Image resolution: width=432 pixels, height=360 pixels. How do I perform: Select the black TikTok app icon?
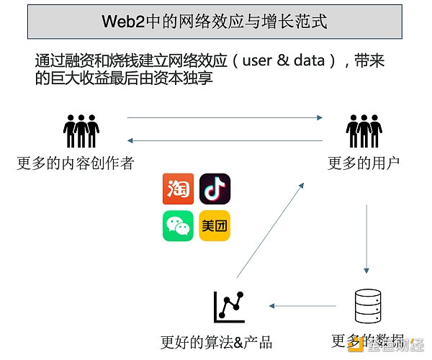[214, 188]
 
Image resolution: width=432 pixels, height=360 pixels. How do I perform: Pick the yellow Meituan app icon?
[214, 225]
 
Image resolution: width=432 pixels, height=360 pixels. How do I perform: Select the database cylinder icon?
[367, 307]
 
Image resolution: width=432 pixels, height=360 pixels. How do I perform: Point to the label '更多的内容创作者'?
[75, 163]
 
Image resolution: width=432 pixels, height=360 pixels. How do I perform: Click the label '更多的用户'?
[363, 163]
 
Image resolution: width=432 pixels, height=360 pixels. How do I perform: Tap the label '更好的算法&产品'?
[217, 341]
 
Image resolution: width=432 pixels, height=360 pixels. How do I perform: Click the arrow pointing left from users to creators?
[224, 140]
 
